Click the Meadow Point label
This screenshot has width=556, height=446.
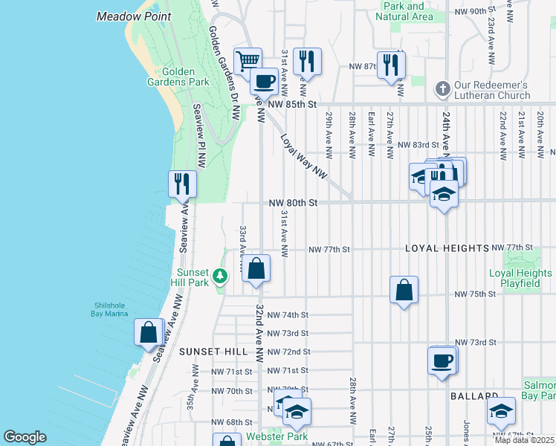coord(134,16)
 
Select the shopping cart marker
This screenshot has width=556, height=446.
coord(248,60)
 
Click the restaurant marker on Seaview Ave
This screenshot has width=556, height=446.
coord(182,182)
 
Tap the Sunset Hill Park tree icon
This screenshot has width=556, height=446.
coord(219,277)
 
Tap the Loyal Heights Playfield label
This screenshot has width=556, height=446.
coord(520,279)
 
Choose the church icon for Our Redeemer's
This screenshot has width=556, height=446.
coord(442,89)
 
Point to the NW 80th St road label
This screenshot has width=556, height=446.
coord(293,202)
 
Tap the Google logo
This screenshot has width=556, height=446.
coord(25,437)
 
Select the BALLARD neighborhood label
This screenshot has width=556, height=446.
coord(473,396)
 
